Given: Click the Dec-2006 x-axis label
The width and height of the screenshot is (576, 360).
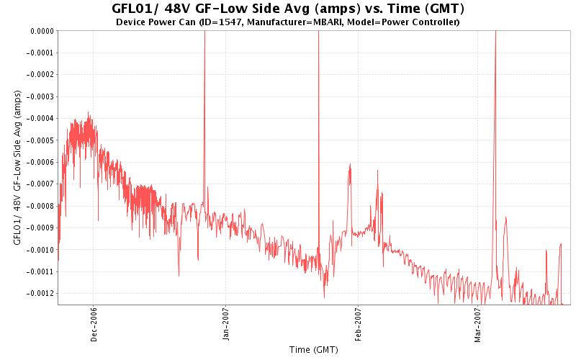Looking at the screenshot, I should point(94,325).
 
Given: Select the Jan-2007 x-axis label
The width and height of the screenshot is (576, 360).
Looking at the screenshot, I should point(225,325).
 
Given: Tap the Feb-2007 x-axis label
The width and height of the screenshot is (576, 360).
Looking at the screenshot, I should point(358,325).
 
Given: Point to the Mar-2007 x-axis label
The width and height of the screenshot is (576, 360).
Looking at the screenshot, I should point(477,325).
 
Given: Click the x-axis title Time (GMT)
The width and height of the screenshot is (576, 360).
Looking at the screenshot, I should point(313,350).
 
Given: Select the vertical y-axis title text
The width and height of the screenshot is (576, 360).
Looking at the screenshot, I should point(17,167).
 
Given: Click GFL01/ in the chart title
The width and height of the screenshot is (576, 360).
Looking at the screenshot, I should point(135,9).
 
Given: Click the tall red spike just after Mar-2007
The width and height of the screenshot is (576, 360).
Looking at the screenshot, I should point(495,43).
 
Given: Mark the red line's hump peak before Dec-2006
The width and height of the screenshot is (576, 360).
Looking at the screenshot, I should point(89,114).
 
